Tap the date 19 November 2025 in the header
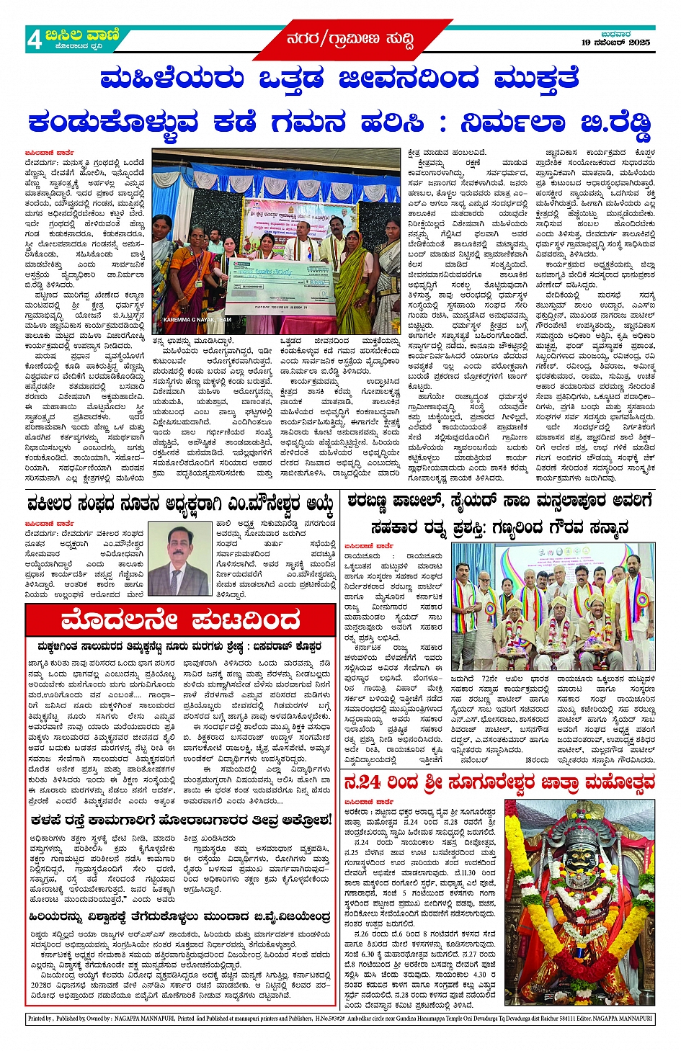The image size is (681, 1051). point(615,43)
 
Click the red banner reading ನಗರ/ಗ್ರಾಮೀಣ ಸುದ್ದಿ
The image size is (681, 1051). point(350,39)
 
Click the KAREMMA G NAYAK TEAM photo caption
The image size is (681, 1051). point(197,319)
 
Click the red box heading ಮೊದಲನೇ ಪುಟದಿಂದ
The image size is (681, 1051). point(180,620)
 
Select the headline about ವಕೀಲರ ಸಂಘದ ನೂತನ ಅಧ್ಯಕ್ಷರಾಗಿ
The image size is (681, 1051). point(180,503)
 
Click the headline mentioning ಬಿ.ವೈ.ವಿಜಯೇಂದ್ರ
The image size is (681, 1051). point(180,917)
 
